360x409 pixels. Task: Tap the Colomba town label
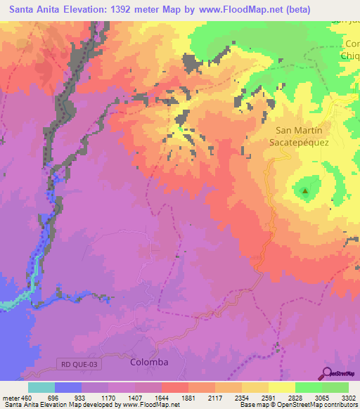pos(150,362)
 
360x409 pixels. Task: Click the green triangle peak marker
pos(305,190)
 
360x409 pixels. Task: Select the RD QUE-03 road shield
pos(76,362)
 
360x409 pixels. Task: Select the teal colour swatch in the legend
pos(41,387)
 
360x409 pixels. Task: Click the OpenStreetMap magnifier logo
pos(328,372)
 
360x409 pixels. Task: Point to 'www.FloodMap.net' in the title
pos(229,7)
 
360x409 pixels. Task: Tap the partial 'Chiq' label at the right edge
pos(349,56)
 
